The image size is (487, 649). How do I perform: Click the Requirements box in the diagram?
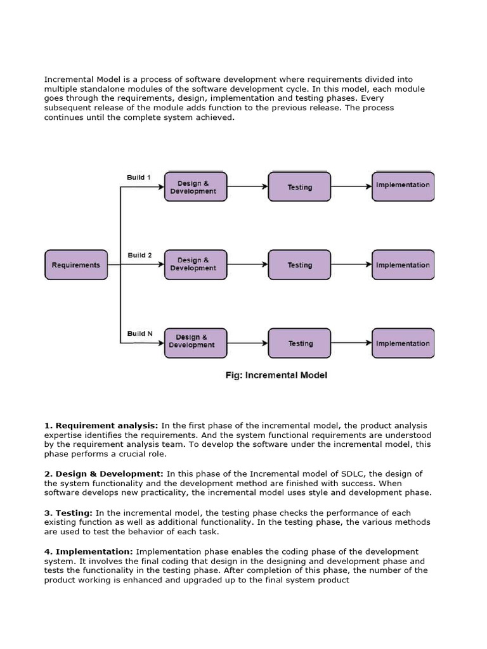[76, 265]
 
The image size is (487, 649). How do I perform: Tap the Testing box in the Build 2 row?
[299, 265]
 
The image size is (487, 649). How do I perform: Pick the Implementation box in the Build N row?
[403, 344]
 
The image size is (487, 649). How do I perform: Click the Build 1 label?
[139, 177]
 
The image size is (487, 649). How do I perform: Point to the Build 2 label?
[140, 255]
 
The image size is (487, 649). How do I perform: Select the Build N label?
[140, 333]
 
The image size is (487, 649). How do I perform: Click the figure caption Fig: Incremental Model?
[276, 375]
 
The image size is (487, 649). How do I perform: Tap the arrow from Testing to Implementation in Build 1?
[351, 186]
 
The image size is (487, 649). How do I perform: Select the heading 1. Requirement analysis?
[101, 425]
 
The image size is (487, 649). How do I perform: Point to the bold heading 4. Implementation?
[89, 552]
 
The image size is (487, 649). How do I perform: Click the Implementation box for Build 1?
[403, 186]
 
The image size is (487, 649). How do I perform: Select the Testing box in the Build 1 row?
[299, 187]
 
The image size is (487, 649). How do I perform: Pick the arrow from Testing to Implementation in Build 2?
[351, 265]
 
